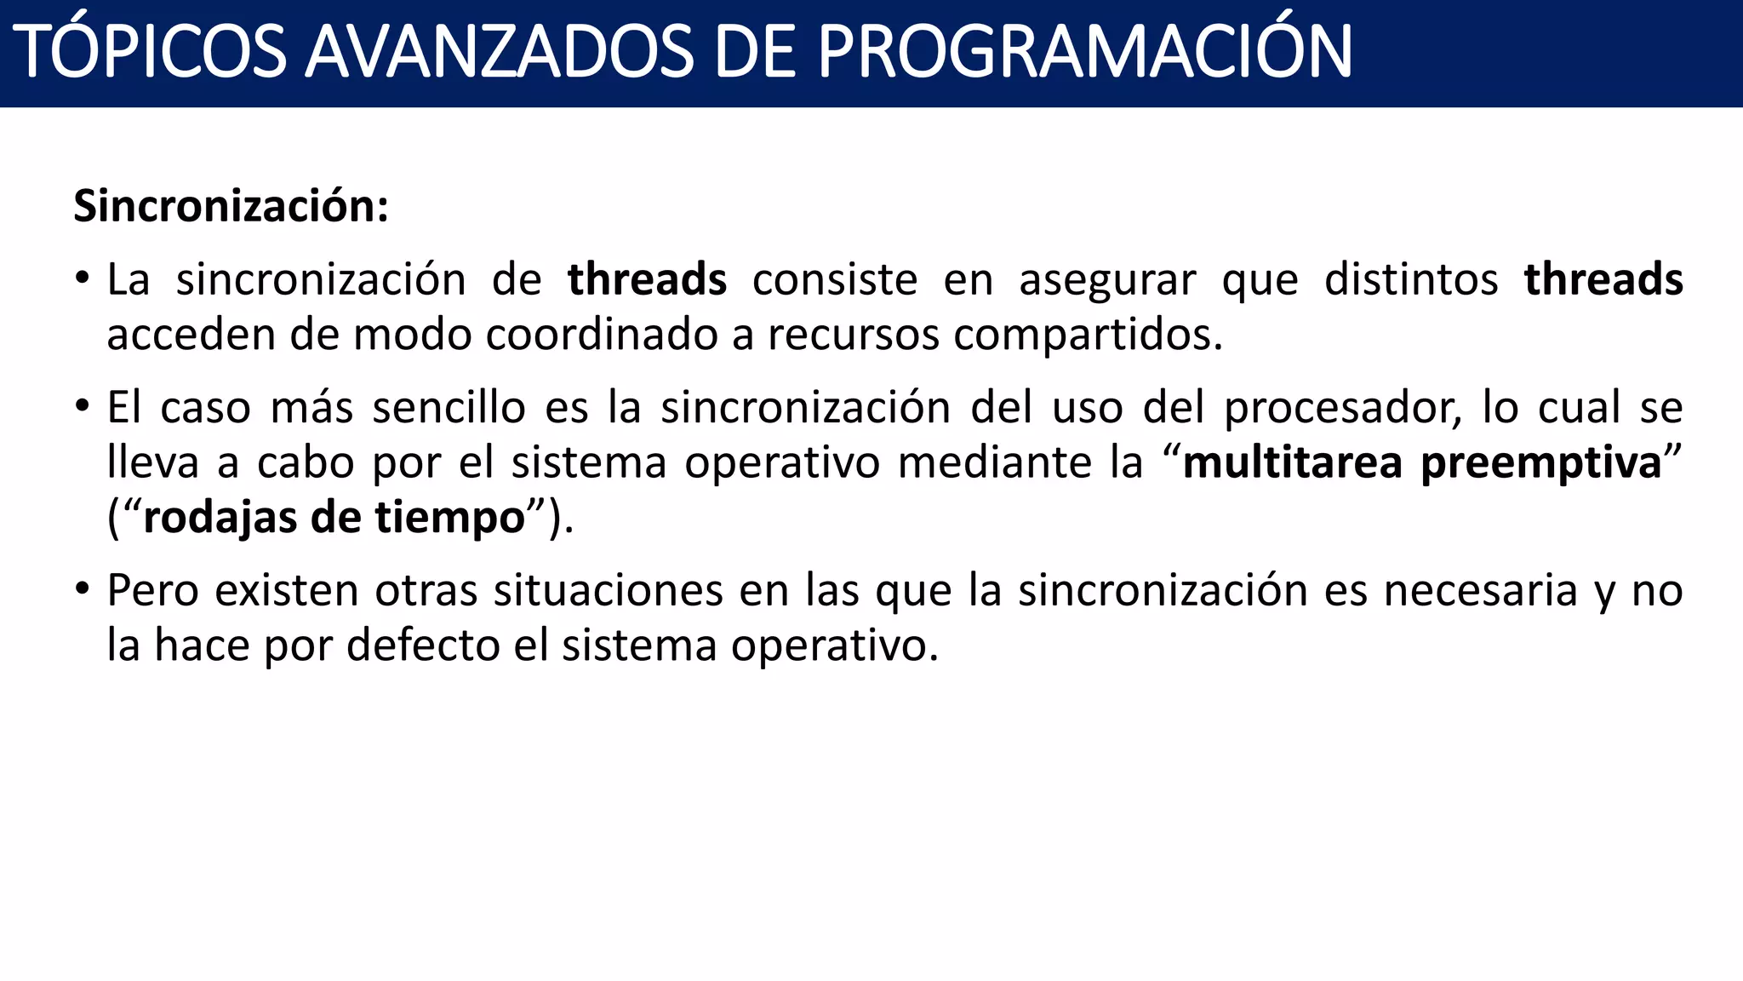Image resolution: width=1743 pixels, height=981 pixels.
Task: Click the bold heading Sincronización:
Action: click(x=231, y=206)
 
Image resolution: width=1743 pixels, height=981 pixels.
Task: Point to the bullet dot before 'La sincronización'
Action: click(x=82, y=278)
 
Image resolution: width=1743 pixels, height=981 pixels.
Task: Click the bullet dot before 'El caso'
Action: click(x=82, y=405)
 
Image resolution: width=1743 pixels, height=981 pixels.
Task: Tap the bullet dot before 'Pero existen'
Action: click(x=82, y=588)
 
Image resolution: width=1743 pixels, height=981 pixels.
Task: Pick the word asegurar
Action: click(x=1107, y=281)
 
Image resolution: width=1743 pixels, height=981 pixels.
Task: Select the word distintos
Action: click(x=1411, y=279)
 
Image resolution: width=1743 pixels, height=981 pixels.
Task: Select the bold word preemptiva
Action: click(x=1541, y=464)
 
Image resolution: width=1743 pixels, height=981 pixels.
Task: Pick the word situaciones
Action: click(x=608, y=590)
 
